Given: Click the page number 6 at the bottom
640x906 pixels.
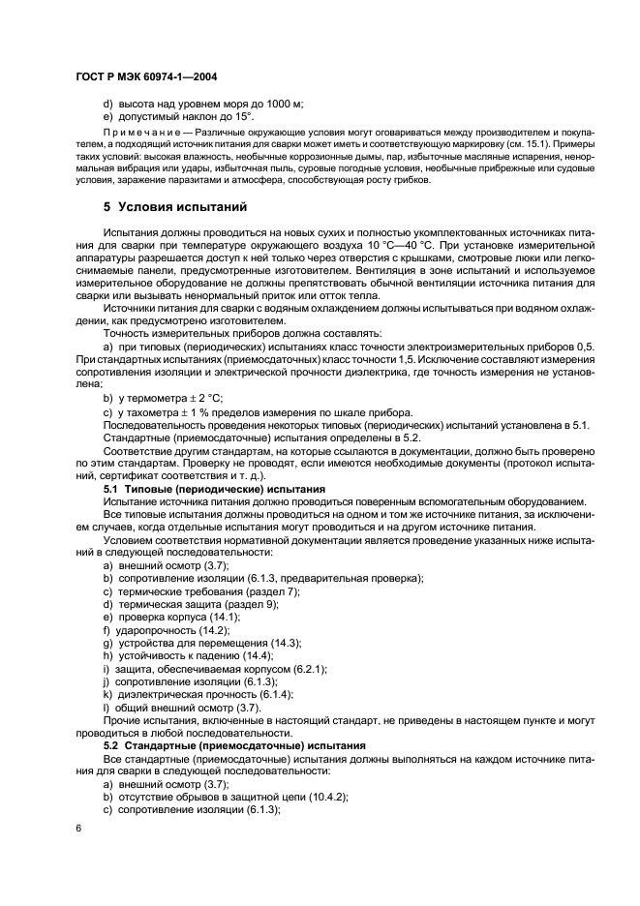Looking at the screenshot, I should (x=80, y=830).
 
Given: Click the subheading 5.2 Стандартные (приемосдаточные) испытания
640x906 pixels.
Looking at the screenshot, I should (x=234, y=745).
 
